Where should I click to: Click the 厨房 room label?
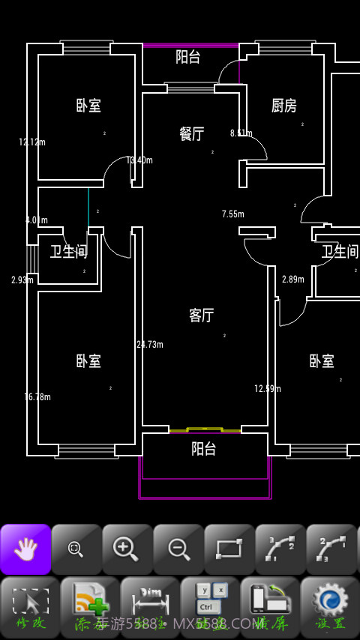[x=283, y=106]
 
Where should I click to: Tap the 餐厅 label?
[x=192, y=134]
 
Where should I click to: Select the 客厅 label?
[x=201, y=316]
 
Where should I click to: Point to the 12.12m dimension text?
[x=32, y=142]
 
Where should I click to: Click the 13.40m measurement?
[x=140, y=160]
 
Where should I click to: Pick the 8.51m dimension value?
[x=241, y=133]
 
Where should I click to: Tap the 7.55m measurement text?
[x=233, y=214]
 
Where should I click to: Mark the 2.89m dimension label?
[x=293, y=280]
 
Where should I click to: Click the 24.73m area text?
[x=150, y=345]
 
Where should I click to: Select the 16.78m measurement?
[x=37, y=397]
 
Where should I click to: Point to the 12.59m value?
[x=267, y=388]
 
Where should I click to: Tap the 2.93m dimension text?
[x=22, y=280]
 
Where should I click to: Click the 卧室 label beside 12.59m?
[x=322, y=361]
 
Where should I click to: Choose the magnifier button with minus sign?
[x=178, y=549]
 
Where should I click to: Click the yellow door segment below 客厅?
[x=204, y=429]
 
